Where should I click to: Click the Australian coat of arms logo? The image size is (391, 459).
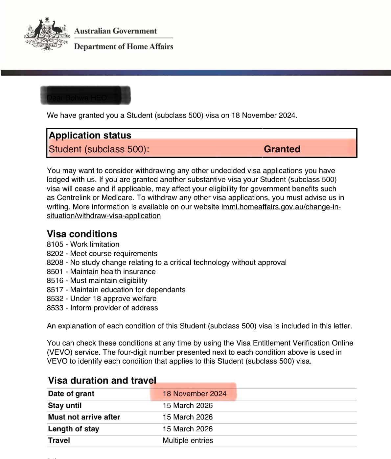(47, 34)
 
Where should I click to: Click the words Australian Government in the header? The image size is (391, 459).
(115, 31)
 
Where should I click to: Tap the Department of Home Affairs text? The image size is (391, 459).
(124, 46)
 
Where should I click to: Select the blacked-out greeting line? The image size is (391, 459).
(85, 95)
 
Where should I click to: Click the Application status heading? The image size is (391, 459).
(90, 135)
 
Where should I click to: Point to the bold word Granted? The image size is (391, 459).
(282, 149)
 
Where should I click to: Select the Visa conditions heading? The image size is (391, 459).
(82, 234)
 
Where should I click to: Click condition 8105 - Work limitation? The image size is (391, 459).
(83, 244)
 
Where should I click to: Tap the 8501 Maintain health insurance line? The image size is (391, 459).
(101, 271)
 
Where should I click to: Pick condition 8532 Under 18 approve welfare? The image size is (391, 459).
(102, 298)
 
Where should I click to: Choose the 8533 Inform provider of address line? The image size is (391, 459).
(102, 308)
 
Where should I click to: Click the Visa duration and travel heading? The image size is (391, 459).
(102, 380)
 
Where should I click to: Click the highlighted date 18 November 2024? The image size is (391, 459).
(195, 394)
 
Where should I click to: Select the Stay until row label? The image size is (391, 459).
(65, 405)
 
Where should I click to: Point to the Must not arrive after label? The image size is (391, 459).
(84, 417)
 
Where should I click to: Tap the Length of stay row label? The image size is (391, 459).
(74, 429)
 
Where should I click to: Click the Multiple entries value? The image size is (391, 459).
(188, 440)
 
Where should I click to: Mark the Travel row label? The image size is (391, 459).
(59, 440)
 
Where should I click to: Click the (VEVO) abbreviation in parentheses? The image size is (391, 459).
(59, 352)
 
